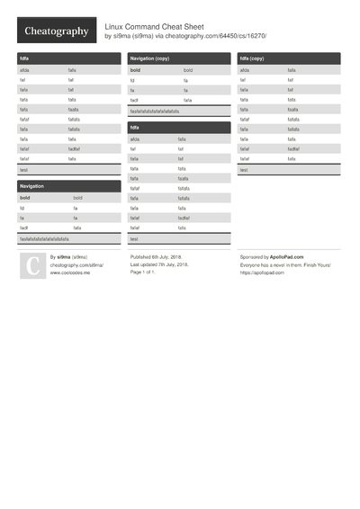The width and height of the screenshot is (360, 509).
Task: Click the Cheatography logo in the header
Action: point(56,31)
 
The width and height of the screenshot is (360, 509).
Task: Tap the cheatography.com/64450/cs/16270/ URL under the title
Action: point(222,36)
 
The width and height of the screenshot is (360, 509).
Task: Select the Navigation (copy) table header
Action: point(149,58)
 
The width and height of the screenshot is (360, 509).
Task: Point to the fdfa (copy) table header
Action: point(252,58)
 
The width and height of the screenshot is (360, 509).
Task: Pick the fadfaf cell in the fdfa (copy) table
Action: point(294,148)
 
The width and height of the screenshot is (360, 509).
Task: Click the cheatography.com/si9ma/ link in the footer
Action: point(76,265)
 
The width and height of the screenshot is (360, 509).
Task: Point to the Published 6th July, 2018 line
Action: point(158,257)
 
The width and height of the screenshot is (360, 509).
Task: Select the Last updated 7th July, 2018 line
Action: point(160,265)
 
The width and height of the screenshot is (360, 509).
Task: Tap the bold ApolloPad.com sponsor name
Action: point(291,257)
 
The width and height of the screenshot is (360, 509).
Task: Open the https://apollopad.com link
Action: point(262,272)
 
